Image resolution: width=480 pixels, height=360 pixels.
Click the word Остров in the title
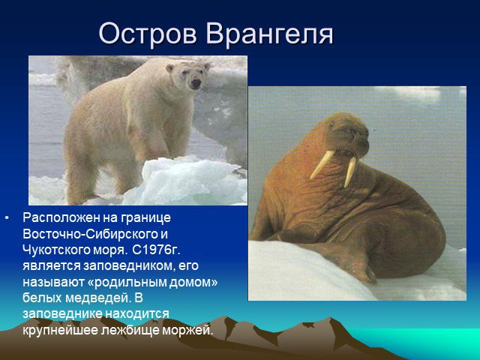(x=148, y=34)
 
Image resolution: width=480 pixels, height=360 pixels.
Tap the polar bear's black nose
(x=196, y=83)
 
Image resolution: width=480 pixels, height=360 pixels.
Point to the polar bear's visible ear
(x=169, y=68)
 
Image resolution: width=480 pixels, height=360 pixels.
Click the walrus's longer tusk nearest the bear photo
(x=322, y=165)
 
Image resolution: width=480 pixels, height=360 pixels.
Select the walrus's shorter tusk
(x=349, y=172)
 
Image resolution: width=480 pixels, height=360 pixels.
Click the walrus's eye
(x=331, y=125)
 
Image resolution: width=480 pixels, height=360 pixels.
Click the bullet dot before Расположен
(x=7, y=218)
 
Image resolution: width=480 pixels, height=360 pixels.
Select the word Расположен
(x=61, y=218)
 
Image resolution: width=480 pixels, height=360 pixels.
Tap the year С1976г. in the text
(x=157, y=250)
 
